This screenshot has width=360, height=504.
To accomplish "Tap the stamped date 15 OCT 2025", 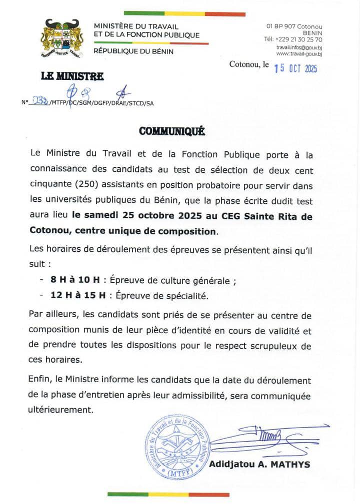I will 295,68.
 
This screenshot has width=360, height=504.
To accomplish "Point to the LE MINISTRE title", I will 72,76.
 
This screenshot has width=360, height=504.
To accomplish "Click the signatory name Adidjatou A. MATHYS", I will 259,465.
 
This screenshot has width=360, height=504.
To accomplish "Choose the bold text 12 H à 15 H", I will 77,296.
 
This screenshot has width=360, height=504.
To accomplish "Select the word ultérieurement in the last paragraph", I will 60,411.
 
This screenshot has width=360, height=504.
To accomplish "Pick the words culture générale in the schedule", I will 198,281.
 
